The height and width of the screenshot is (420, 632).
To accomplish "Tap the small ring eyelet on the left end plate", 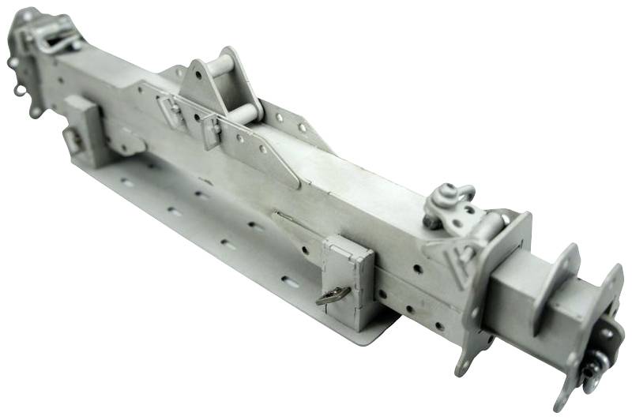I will click(x=19, y=90).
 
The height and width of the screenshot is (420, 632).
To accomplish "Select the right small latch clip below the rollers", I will click(x=211, y=130).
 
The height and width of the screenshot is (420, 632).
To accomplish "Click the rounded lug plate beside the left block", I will click(x=126, y=142).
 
